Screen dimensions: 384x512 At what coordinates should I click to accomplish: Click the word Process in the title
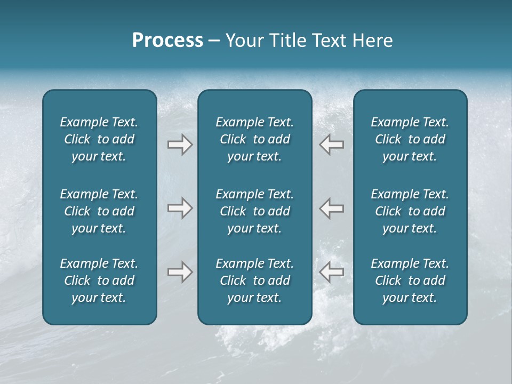pos(167,41)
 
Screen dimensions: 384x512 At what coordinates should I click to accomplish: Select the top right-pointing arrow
pos(180,145)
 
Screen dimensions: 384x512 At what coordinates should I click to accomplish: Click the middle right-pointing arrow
pos(180,208)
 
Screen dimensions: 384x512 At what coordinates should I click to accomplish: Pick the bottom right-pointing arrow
pos(180,272)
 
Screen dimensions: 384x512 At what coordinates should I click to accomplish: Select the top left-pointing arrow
pos(332,145)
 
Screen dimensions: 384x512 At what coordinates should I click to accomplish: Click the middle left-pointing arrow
pos(332,208)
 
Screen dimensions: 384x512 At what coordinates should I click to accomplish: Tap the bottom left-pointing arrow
pos(332,272)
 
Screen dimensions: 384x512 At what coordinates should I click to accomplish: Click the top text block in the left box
pos(99,139)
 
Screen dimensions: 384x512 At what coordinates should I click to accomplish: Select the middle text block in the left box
pos(99,211)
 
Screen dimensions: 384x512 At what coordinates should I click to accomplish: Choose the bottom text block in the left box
pos(99,281)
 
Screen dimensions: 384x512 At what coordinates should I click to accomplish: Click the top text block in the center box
pos(254,139)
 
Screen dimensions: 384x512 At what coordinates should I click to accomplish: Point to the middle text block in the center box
pos(254,211)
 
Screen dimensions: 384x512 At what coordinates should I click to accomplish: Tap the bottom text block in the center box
pos(254,281)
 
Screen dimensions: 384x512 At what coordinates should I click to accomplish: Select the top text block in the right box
pos(410,139)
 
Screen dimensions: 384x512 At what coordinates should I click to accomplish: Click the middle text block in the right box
pos(410,211)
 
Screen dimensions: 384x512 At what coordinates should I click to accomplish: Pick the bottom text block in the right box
pos(410,281)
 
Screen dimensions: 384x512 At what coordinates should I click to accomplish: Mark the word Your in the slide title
pos(244,41)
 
